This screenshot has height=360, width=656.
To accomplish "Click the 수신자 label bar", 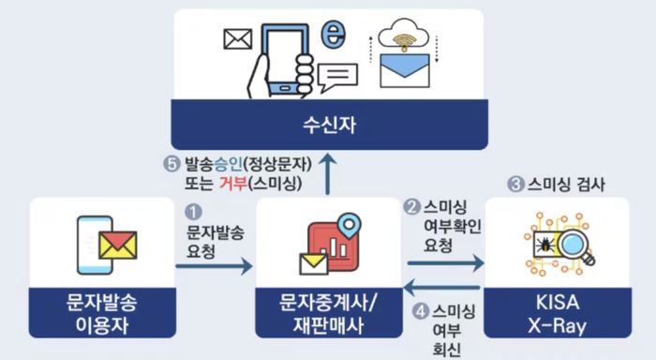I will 328,122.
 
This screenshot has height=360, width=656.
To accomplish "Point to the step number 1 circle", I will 195,214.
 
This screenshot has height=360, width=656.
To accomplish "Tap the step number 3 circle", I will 514,185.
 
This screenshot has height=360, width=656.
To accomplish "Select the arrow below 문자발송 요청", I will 214,267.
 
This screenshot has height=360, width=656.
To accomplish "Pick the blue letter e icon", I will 329,35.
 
